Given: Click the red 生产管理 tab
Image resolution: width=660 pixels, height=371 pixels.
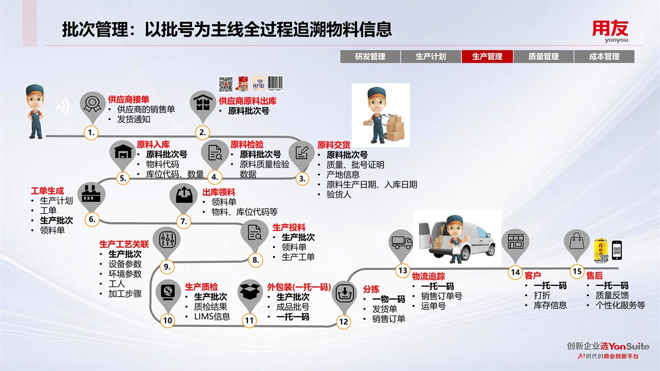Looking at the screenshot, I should click(487, 57).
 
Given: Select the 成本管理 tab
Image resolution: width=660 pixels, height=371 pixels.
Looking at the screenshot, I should click(604, 57).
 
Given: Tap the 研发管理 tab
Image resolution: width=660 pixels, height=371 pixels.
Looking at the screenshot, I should click(370, 57).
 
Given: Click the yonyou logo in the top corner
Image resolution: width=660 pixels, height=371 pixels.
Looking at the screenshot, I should click(610, 30).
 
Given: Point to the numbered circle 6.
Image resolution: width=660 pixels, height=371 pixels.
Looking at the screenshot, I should click(92, 219).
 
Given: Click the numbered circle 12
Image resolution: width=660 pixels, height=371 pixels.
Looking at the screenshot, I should click(344, 322).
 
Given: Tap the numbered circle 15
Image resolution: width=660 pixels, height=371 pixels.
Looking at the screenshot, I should click(577, 271).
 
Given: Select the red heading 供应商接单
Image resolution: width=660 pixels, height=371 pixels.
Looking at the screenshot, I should click(128, 99).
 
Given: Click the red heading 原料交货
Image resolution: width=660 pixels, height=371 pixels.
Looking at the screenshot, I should click(334, 145).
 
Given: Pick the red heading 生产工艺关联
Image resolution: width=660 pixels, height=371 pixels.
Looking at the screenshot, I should click(124, 244).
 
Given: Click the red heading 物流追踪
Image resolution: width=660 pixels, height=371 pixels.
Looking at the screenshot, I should click(428, 276).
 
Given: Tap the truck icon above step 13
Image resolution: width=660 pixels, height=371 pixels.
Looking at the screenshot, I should click(402, 242).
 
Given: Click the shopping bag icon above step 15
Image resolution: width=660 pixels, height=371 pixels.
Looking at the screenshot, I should click(576, 241).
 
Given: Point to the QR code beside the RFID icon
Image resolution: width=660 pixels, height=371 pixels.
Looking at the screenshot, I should click(226, 84).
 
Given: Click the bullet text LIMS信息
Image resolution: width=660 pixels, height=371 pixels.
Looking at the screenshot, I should click(212, 317).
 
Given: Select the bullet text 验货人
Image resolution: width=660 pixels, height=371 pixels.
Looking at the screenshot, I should click(338, 195).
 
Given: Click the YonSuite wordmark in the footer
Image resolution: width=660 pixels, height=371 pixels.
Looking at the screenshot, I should click(629, 346).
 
